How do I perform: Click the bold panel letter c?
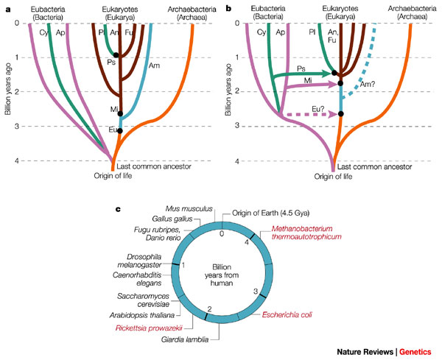[x=117, y=210]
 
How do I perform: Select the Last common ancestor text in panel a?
[x=155, y=166]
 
